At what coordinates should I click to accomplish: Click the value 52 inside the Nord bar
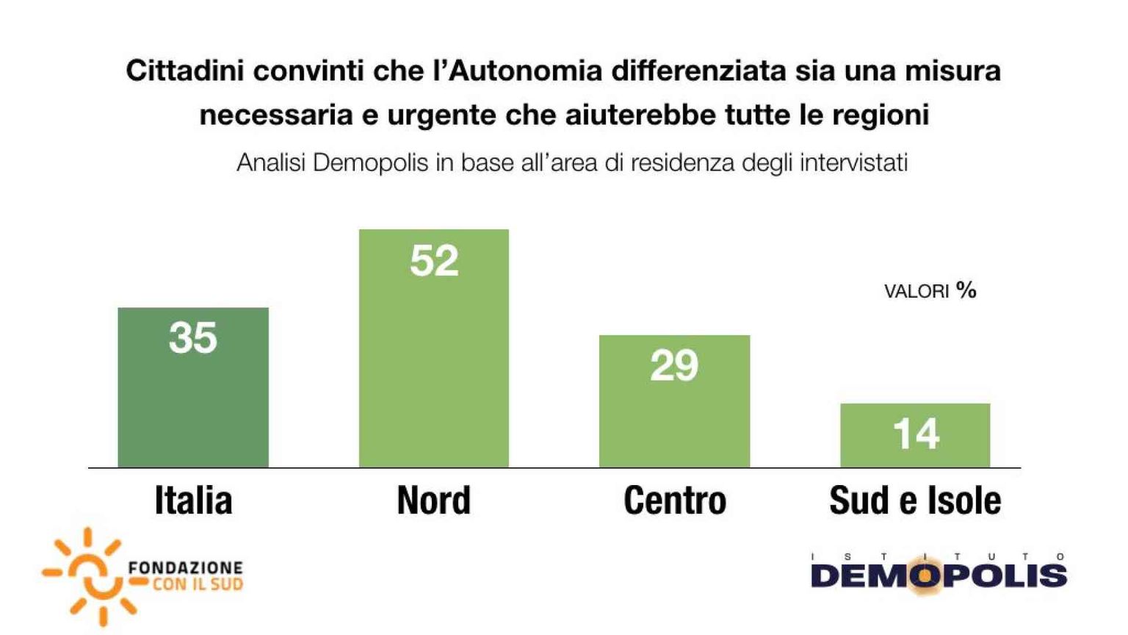pos(434,261)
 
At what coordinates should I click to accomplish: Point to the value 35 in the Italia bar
pos(193,338)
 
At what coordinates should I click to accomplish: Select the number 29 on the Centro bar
pos(674,365)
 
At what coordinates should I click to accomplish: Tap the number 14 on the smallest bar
pos(916,434)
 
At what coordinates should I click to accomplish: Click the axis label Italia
pos(193,501)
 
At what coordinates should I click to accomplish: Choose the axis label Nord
pos(433,501)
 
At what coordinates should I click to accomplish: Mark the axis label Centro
pos(674,501)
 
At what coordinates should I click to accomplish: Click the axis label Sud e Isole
pos(915,501)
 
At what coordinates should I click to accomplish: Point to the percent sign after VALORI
pos(966,290)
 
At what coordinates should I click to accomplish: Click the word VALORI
pos(916,292)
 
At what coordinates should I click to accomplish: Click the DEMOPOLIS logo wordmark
pos(939,576)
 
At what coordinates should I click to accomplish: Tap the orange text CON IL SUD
pos(198,585)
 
